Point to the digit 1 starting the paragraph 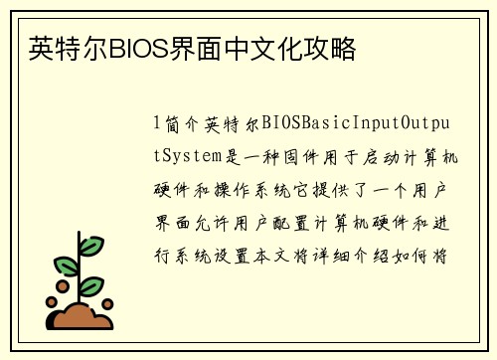tap(156, 125)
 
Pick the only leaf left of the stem tap(65, 266)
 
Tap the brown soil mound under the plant tap(83, 315)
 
